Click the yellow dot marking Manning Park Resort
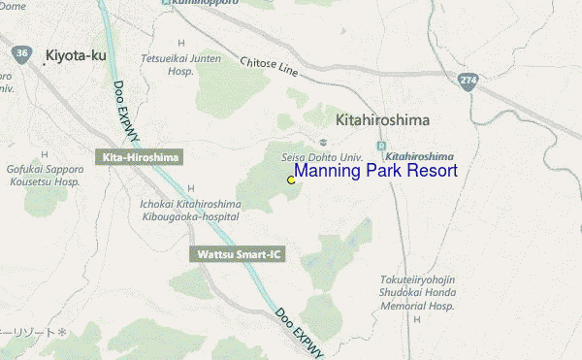coord(291,180)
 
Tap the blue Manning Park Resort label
coord(375,172)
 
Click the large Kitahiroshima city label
coord(382,120)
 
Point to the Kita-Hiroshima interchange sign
coord(140,156)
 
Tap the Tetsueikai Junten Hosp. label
coord(181,64)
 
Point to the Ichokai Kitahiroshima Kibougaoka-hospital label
coord(190,210)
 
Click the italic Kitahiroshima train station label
coord(420,155)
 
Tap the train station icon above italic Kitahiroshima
coord(392,144)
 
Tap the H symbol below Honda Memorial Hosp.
coord(417,318)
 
